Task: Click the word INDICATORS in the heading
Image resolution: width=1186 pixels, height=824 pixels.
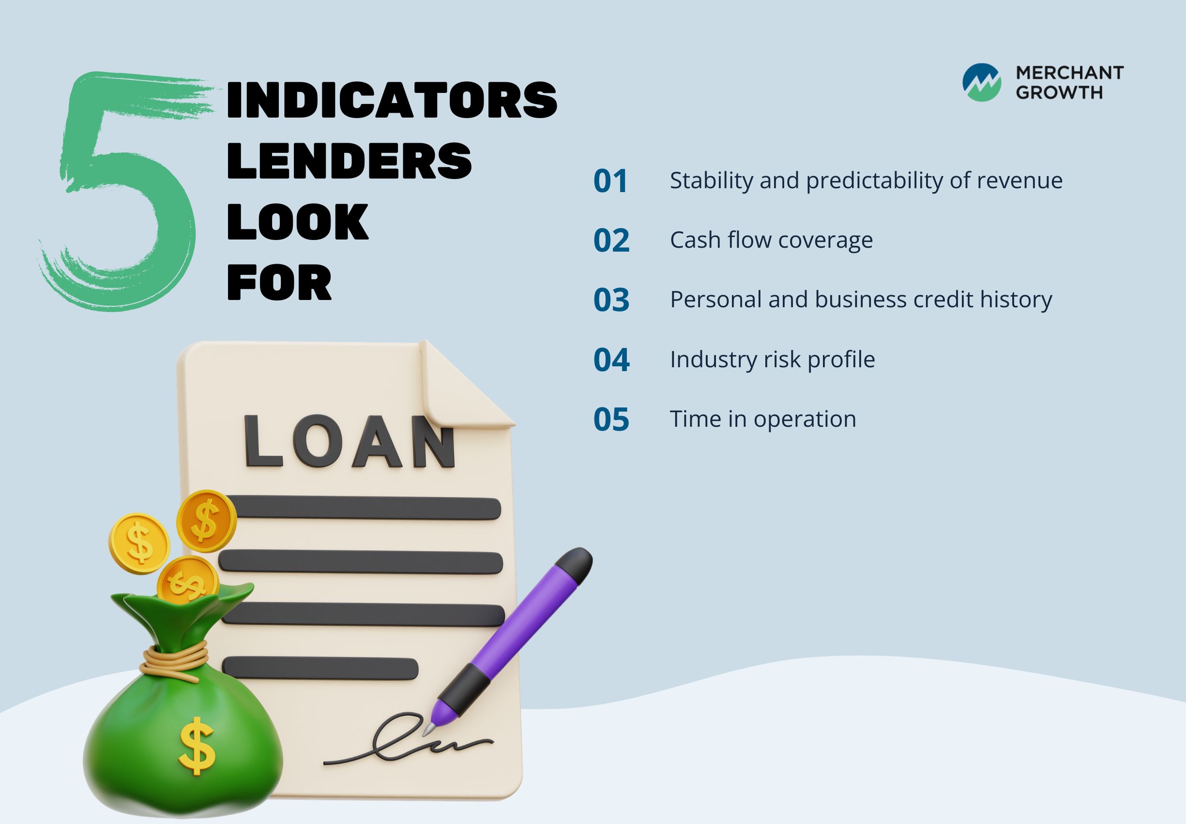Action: pyautogui.click(x=392, y=100)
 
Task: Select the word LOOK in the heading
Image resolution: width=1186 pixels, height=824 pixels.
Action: pyautogui.click(x=298, y=222)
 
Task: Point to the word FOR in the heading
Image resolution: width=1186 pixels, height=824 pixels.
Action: pyautogui.click(x=279, y=282)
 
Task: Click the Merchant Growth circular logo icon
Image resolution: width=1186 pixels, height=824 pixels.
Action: pyautogui.click(x=981, y=82)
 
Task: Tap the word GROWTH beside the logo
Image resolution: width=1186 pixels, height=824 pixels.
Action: pyautogui.click(x=1059, y=92)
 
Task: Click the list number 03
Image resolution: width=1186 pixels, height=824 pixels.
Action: pyautogui.click(x=611, y=300)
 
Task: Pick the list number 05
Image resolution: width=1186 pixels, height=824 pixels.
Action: pyautogui.click(x=611, y=419)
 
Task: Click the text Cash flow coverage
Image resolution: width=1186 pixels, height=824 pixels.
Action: pyautogui.click(x=771, y=240)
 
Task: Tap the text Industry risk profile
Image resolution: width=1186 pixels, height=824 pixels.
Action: pyautogui.click(x=772, y=360)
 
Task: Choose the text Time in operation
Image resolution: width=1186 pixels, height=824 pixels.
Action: pyautogui.click(x=763, y=419)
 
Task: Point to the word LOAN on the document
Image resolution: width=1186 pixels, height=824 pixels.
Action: pyautogui.click(x=350, y=441)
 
